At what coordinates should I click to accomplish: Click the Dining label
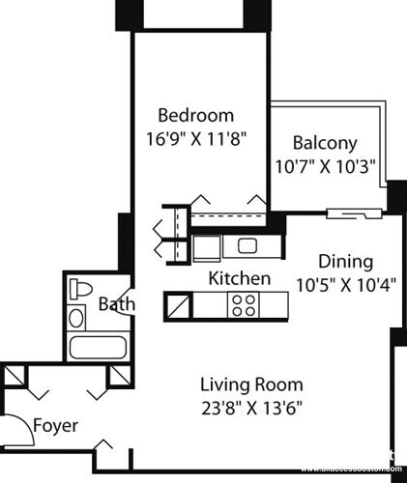pos(345,262)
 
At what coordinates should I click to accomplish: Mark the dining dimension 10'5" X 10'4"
pos(345,285)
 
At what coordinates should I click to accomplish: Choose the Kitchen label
pos(239,278)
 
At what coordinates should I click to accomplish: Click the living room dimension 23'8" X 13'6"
pos(251,407)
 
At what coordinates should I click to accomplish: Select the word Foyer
pos(55,426)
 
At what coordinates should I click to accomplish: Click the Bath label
pos(116,304)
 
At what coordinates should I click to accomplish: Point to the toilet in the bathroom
pos(81,289)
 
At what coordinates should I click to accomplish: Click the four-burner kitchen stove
pos(243,306)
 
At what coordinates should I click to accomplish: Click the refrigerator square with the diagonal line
pos(180,307)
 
